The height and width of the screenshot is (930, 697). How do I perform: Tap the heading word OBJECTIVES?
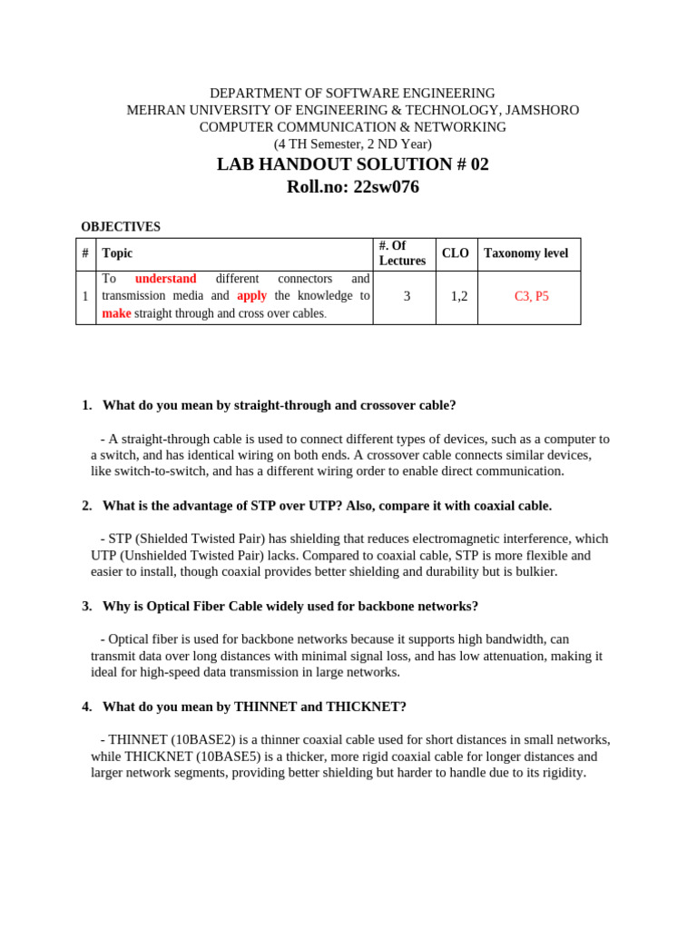(121, 227)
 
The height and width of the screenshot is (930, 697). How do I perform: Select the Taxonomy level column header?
(526, 253)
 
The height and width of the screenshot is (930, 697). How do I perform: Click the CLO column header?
(455, 253)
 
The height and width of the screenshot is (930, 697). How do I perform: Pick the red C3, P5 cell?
(532, 296)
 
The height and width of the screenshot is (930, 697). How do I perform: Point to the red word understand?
(165, 279)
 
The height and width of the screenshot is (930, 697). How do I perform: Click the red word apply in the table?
(252, 296)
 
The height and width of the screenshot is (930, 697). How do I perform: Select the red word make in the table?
(116, 313)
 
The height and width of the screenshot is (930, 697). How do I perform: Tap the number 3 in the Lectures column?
(407, 296)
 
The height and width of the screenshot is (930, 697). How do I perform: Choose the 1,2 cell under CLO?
(458, 296)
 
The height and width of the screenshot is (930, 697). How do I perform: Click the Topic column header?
(117, 254)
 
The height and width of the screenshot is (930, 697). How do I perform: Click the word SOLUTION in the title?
(401, 164)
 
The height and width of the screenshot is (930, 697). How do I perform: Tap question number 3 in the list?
(86, 606)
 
